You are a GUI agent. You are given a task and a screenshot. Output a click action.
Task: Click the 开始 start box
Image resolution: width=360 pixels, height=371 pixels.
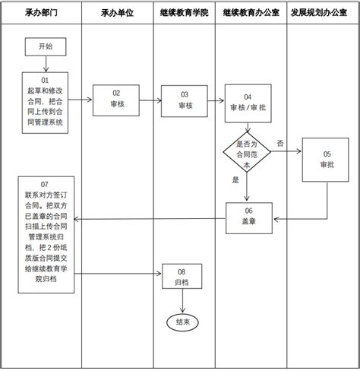46,47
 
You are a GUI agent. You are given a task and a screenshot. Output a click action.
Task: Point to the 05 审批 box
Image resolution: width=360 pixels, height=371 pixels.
326,160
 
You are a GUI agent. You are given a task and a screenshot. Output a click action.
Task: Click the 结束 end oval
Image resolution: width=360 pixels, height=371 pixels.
182,322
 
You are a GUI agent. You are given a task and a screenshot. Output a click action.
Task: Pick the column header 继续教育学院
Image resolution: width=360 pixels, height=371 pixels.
183,14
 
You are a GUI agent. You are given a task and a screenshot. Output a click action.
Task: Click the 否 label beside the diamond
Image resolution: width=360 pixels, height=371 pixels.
280,144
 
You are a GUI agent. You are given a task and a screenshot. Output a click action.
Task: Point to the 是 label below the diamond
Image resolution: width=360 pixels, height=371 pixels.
235,181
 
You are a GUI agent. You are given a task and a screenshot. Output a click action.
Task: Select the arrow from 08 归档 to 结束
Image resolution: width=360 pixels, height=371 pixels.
182,300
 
